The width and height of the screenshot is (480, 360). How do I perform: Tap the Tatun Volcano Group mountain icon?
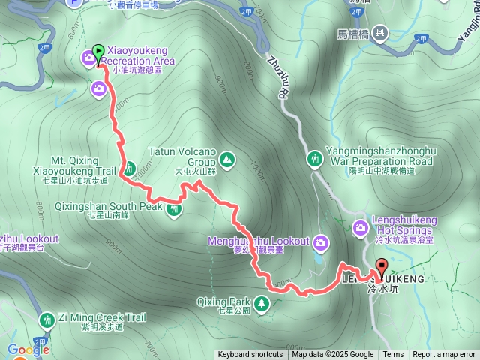226,159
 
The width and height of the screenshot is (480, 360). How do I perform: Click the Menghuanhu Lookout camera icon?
321,241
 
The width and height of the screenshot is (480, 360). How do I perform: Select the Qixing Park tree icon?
262,304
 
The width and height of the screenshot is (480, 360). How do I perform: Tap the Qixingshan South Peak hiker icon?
174,209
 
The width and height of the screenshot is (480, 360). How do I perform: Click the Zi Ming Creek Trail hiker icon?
47,320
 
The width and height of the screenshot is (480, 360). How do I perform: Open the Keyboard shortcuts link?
250,355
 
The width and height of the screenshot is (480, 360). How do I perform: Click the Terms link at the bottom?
393,355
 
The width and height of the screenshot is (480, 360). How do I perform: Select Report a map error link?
444,355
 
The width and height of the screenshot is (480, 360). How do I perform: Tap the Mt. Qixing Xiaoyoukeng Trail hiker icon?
128,169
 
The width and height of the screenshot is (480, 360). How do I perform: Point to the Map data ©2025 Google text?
332,355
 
